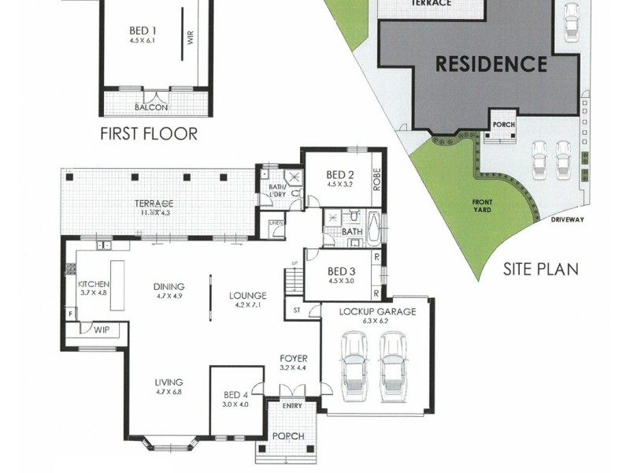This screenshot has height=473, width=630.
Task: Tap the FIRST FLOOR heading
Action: point(149,133)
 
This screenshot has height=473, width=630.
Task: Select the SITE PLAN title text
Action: point(540,269)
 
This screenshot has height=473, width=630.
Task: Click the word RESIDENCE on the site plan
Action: point(491,63)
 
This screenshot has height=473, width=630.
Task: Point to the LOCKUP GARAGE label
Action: point(377,311)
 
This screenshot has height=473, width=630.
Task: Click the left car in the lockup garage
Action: point(355,365)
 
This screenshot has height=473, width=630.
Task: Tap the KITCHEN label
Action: point(94,284)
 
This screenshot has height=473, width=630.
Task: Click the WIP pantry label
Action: point(102,331)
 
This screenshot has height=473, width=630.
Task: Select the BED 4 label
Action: point(235,395)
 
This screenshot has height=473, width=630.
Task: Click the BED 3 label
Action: point(342,274)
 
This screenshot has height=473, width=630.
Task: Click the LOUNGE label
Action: point(248,296)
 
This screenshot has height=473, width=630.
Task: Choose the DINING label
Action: point(169,286)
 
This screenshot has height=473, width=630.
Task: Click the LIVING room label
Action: point(169,382)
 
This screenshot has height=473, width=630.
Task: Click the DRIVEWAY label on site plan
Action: point(567,220)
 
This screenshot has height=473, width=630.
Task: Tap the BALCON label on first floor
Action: point(150,107)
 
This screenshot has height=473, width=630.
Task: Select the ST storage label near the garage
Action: point(296,310)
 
